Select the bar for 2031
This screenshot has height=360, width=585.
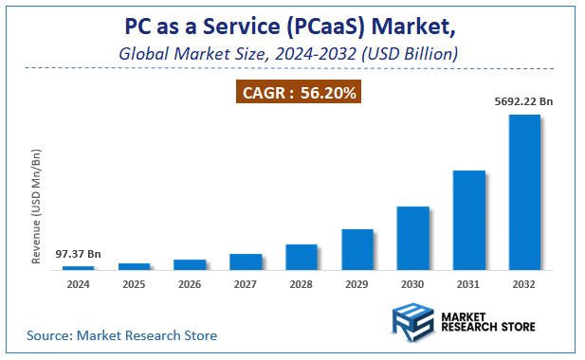click(468, 220)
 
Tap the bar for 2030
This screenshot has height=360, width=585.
click(412, 238)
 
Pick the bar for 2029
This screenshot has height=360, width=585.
click(356, 249)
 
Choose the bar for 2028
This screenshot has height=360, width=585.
click(302, 257)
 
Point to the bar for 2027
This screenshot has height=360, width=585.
click(246, 261)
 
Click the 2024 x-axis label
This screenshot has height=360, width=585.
click(79, 284)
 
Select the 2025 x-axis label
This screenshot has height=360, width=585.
click(134, 284)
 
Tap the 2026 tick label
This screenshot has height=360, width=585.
click(190, 284)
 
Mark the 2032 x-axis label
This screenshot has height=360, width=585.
click(524, 284)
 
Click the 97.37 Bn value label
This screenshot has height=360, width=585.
click(78, 255)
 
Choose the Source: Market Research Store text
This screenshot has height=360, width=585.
click(121, 335)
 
